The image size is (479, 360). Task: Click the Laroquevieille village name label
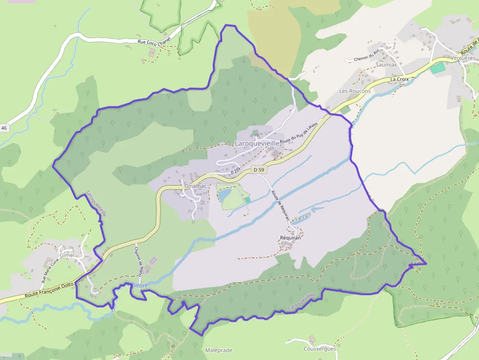[x=257, y=144]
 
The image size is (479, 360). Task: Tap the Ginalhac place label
[x=196, y=186]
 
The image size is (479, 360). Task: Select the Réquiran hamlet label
[x=290, y=238]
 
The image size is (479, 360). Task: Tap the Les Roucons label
[x=355, y=91]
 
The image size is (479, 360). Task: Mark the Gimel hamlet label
[x=66, y=255]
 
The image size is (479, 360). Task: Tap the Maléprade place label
[x=218, y=350]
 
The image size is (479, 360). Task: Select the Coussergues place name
[x=320, y=349]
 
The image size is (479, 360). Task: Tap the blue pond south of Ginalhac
[x=225, y=195]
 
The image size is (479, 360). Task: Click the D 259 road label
[x=236, y=172]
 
